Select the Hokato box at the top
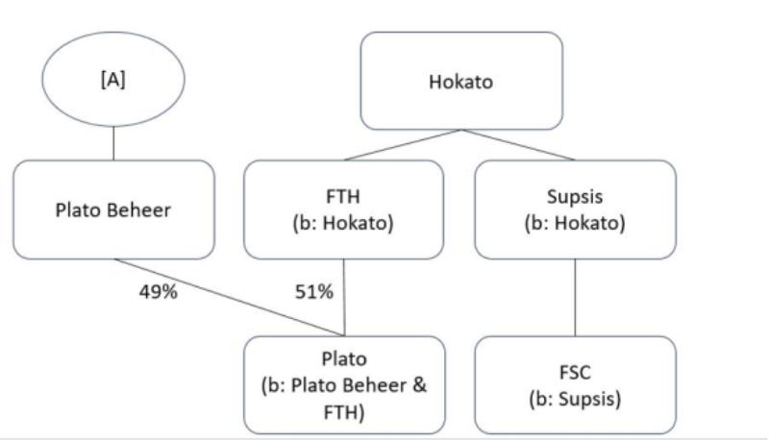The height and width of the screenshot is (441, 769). point(460,81)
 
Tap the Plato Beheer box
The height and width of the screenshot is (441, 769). point(114,210)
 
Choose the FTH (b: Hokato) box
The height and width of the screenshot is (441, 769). point(344,210)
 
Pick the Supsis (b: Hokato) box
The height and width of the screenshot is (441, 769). point(575,210)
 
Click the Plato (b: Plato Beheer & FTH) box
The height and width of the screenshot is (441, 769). point(344,384)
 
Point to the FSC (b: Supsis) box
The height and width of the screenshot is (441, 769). point(575,384)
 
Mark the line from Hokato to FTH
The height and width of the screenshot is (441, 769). point(404,144)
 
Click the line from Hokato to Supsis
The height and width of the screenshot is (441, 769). point(519,144)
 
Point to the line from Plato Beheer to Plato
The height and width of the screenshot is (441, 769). point(231,298)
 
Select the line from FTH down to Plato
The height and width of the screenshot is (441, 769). point(344,298)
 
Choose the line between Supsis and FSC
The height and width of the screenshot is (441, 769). point(575,298)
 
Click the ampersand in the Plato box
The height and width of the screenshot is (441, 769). point(422,384)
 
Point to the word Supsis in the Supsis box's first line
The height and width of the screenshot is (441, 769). point(575,197)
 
